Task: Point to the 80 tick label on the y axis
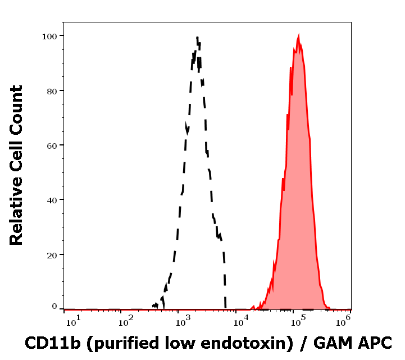point(52,90)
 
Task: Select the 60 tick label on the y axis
point(52,145)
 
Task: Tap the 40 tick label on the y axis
point(52,199)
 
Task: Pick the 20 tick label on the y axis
point(52,254)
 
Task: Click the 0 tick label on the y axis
point(54,307)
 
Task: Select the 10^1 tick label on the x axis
point(73,321)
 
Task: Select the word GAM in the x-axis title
point(330,342)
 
